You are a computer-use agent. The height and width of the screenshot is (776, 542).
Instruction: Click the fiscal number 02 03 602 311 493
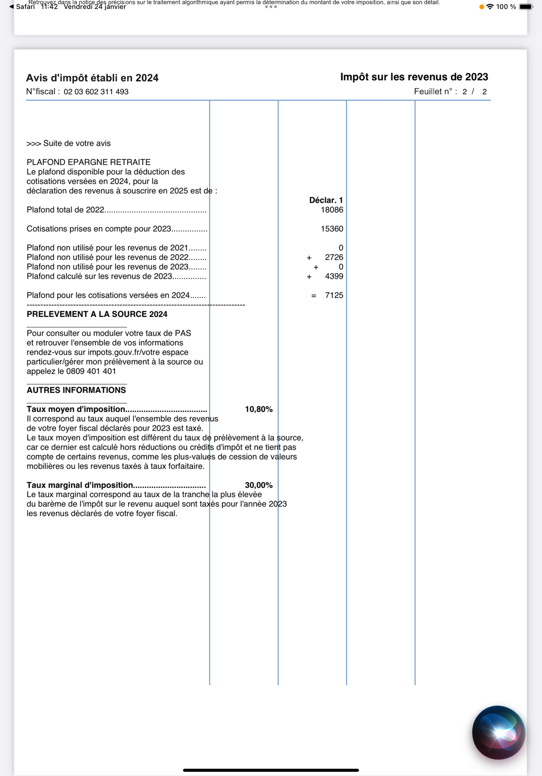coord(96,92)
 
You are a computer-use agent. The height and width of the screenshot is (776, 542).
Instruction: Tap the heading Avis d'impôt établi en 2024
coord(92,78)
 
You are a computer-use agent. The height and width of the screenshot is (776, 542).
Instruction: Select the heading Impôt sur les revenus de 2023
coord(414,77)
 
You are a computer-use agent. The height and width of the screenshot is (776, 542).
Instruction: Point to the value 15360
coord(332,228)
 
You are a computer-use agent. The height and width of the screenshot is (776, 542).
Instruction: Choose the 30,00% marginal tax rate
coord(259,485)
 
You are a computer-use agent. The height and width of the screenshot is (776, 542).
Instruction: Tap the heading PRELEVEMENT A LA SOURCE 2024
coord(97,314)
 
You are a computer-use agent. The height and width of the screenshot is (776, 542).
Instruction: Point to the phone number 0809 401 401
coord(91,371)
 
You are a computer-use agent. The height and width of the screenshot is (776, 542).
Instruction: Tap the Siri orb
coord(498,732)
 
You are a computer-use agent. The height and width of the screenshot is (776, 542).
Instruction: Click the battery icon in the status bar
coord(526,7)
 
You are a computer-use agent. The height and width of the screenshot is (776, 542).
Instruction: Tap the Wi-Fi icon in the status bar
coord(490,7)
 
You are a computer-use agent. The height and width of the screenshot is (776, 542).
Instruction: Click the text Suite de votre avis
coord(77,143)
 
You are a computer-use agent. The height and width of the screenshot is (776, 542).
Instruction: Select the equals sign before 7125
coord(314,296)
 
